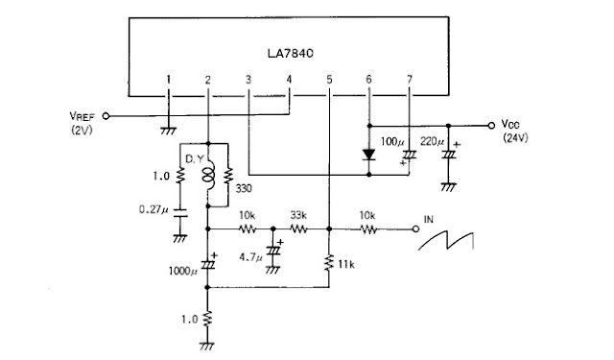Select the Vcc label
pyautogui.click(x=510, y=125)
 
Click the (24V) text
pyautogui.click(x=515, y=138)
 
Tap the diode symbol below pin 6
pyautogui.click(x=370, y=154)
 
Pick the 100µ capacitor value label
pyautogui.click(x=393, y=142)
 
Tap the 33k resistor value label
pyautogui.click(x=298, y=216)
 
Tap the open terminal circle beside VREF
pyautogui.click(x=106, y=114)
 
